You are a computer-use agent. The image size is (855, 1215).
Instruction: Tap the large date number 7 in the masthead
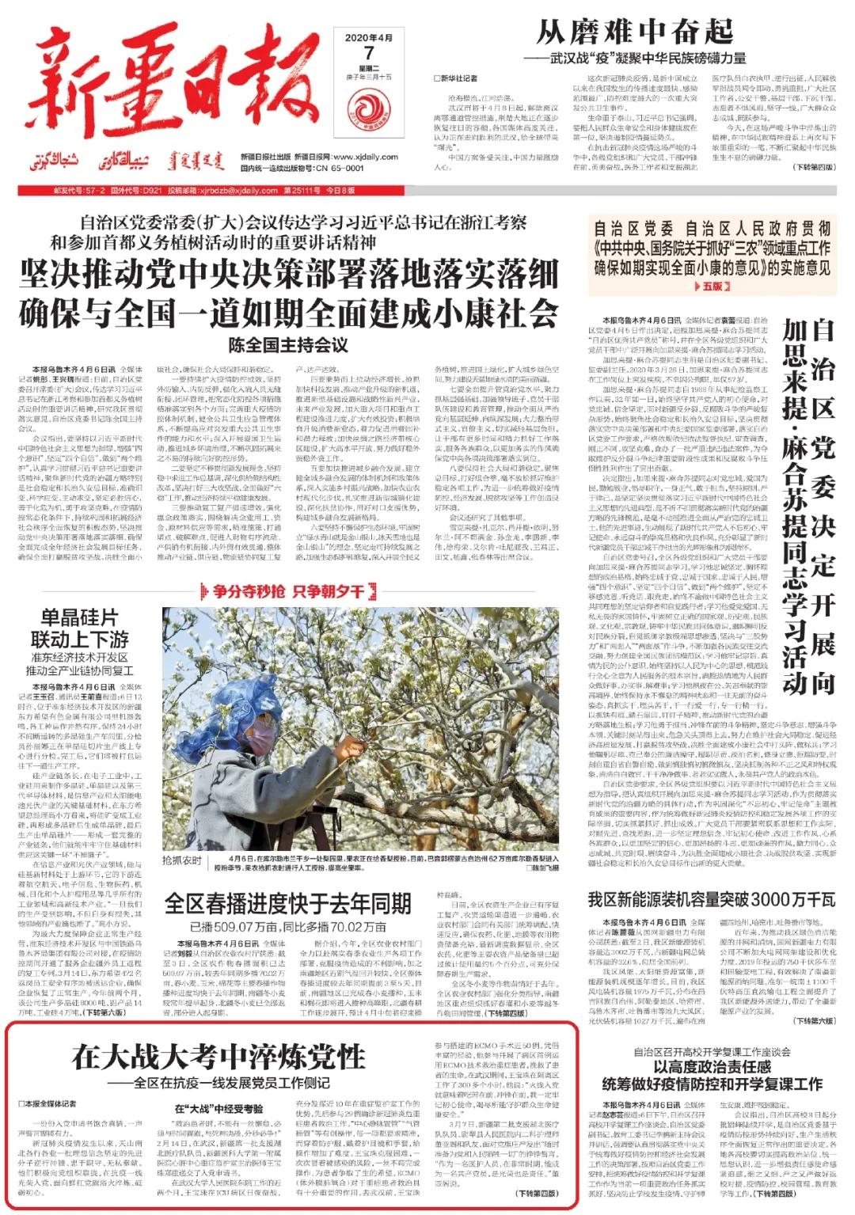[368, 53]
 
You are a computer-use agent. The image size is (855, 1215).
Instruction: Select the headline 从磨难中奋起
[634, 32]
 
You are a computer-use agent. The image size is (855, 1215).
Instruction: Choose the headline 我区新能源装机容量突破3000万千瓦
[711, 899]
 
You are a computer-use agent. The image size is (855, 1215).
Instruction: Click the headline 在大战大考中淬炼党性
[218, 1057]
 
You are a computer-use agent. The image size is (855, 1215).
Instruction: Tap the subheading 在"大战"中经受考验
[218, 1110]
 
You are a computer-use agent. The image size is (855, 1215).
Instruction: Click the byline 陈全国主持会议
[289, 345]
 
